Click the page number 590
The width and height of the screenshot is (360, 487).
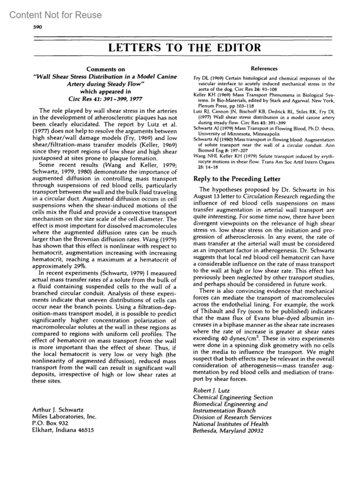[37, 27]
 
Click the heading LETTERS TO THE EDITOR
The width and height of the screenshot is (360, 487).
[184, 47]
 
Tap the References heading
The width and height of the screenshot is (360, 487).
[264, 68]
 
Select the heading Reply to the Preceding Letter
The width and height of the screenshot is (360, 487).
[237, 179]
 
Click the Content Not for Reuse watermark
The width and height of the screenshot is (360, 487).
[55, 15]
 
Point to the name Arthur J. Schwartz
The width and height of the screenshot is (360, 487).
[58, 410]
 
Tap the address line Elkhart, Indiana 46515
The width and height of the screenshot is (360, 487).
[63, 430]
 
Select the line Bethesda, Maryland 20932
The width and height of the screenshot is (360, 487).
[228, 431]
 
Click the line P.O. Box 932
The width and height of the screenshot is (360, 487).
[50, 423]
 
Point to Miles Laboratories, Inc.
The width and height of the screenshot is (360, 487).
[64, 416]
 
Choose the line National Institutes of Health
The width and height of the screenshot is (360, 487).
[230, 424]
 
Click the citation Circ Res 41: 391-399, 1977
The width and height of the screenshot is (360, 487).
[105, 99]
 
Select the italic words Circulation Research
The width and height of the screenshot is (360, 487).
[270, 197]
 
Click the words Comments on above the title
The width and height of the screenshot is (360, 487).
[106, 69]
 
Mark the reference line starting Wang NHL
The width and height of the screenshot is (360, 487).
[264, 156]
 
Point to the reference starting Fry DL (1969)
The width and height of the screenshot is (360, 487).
[264, 79]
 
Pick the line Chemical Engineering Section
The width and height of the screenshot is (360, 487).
[233, 397]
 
